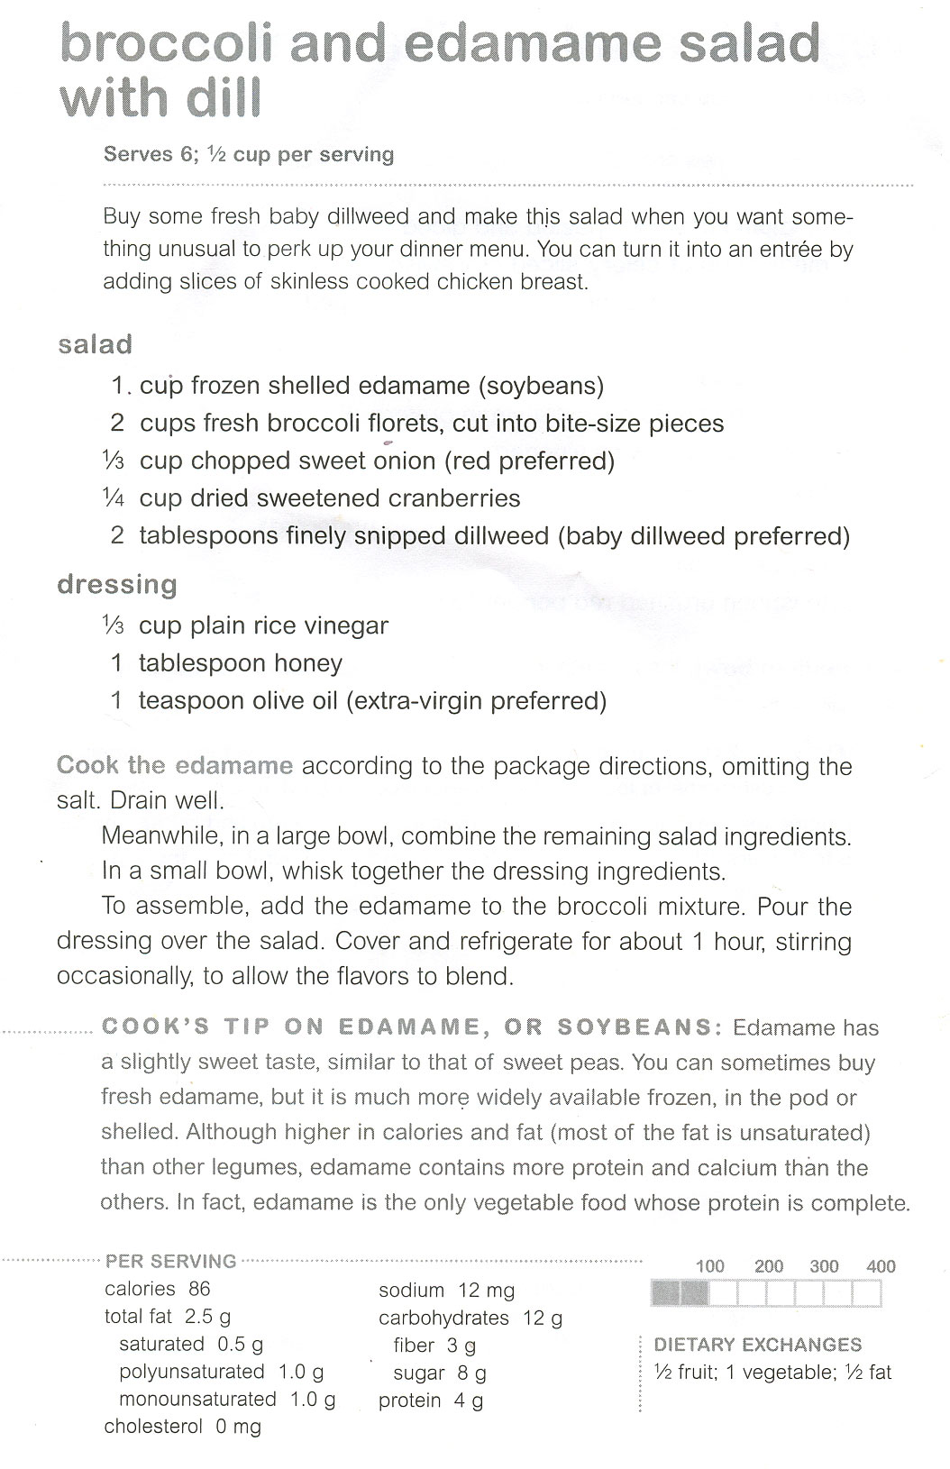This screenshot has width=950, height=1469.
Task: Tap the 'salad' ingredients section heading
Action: click(x=95, y=344)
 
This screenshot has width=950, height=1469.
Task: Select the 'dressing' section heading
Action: click(x=117, y=585)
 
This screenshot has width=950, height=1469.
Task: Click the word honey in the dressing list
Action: click(x=308, y=664)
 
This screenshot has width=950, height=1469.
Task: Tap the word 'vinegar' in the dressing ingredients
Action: click(x=345, y=625)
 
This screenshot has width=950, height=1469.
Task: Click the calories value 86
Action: click(x=199, y=1289)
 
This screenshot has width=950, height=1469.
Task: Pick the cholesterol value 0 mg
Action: click(x=238, y=1427)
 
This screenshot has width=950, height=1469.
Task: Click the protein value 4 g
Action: click(x=470, y=1401)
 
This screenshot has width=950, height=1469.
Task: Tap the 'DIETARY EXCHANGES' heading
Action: click(x=758, y=1345)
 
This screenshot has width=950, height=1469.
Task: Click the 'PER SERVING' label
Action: click(x=171, y=1261)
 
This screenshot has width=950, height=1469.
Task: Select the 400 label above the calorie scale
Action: click(x=881, y=1266)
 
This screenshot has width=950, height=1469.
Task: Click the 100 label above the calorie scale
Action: click(x=710, y=1266)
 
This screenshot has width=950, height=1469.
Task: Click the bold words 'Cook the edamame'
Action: click(x=175, y=766)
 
